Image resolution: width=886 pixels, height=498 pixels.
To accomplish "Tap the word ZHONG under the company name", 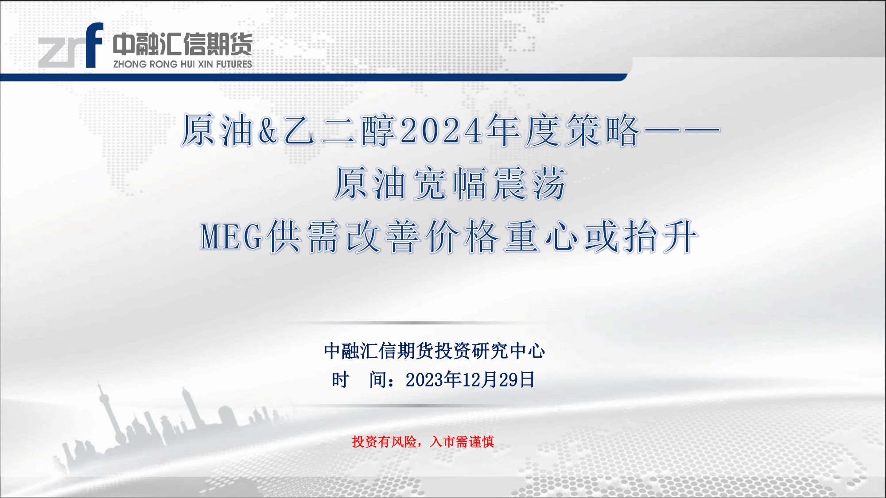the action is click(130, 64).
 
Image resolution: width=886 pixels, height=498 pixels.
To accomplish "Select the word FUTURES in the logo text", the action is click(234, 64).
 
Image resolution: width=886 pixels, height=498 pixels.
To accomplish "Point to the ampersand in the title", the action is click(268, 131).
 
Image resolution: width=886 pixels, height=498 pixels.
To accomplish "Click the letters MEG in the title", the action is click(232, 237).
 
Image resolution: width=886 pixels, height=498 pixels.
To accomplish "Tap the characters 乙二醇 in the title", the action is click(339, 131).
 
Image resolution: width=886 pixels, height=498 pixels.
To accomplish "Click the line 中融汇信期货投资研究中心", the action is click(434, 351).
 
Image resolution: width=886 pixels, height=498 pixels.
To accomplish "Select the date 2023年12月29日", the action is click(470, 380).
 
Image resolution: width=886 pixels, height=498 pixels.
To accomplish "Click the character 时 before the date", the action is click(340, 380).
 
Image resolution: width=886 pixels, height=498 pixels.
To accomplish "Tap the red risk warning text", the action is click(423, 442).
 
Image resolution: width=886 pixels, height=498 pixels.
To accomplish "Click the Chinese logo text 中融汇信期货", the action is click(183, 44).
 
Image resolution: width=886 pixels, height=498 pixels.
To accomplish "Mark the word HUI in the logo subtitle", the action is click(188, 64).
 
